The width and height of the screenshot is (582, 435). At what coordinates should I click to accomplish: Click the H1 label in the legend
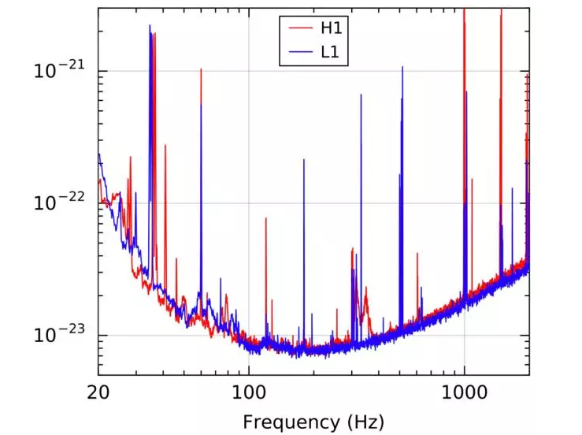point(329,28)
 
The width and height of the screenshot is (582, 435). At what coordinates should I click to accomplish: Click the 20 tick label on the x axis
point(98,392)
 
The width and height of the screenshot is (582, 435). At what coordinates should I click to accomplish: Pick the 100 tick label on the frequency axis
point(249,392)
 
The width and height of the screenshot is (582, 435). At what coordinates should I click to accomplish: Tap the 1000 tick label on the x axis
point(464,392)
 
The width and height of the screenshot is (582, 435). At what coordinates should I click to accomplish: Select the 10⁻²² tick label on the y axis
point(58,203)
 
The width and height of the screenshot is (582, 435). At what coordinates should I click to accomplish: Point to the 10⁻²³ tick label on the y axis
point(58,336)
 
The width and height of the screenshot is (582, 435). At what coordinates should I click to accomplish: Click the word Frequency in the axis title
point(280,422)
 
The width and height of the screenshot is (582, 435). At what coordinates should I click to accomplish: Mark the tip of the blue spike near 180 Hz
point(304,159)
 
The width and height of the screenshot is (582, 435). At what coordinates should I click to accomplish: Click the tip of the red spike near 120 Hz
point(266,218)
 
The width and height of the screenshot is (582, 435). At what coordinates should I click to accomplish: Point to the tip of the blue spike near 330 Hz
point(361,95)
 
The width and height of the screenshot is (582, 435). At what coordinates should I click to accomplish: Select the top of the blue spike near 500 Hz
point(402,67)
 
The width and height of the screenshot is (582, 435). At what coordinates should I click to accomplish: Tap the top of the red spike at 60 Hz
point(201,69)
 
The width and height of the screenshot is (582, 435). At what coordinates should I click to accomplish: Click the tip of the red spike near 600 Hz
point(417,253)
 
